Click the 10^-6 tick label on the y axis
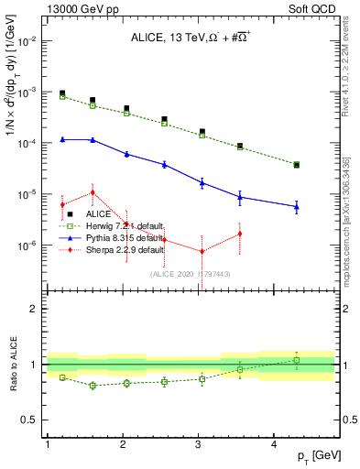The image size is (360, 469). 29,245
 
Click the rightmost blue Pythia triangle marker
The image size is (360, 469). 297,207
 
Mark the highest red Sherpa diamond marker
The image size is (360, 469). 93,192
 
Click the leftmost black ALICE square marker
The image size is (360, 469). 62,93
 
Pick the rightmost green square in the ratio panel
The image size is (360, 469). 297,360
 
